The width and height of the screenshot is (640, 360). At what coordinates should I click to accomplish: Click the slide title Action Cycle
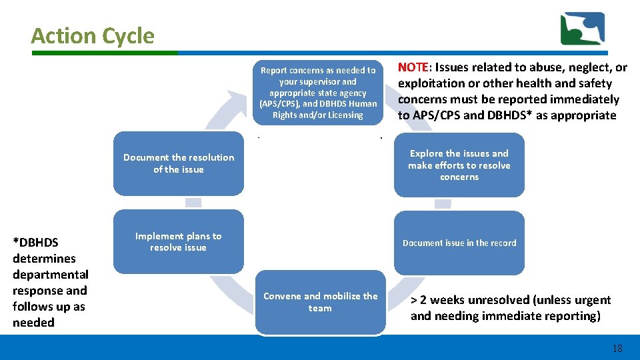(92, 36)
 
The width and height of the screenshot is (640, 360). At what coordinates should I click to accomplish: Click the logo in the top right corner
(582, 29)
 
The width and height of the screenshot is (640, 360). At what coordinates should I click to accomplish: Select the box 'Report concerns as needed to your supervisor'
(318, 92)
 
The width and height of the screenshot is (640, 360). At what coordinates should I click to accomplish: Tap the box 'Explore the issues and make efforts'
(459, 165)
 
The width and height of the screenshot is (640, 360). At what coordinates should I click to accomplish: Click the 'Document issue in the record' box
(459, 243)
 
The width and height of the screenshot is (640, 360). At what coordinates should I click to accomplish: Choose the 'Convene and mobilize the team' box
(320, 302)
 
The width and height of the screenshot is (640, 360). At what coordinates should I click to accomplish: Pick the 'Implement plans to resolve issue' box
(178, 242)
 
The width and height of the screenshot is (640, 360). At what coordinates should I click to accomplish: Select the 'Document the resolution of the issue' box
(178, 163)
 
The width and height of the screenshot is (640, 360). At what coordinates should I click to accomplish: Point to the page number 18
(617, 349)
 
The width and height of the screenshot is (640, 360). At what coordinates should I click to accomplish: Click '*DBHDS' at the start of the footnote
(35, 243)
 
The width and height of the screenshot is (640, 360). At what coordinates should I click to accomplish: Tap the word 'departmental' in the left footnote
(51, 275)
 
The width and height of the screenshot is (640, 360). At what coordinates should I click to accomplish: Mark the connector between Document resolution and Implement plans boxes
(193, 203)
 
